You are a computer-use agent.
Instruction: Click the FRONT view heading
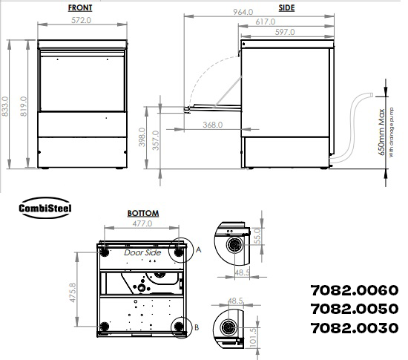(80, 8)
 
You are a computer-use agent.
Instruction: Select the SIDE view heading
(286, 8)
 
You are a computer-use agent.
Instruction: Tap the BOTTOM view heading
(143, 214)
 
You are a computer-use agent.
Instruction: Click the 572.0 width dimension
(81, 20)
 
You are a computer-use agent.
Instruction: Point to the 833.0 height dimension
(5, 106)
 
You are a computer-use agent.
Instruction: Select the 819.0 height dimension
(24, 106)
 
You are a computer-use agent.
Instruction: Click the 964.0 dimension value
(243, 12)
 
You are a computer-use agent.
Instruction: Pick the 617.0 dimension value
(265, 22)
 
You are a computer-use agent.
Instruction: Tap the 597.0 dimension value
(285, 32)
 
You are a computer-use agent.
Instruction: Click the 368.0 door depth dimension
(213, 125)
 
